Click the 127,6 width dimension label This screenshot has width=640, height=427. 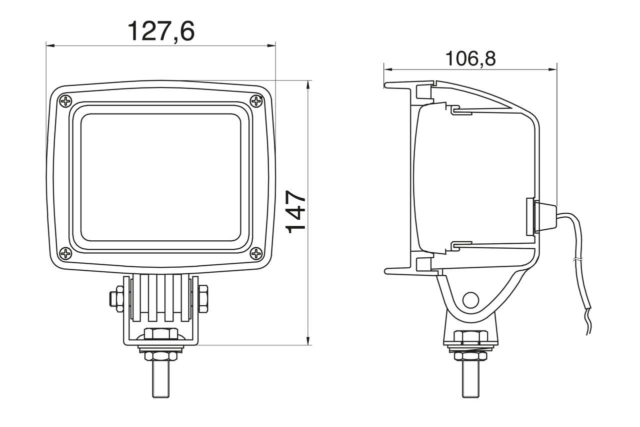click(160, 31)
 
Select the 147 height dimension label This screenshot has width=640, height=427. click(296, 211)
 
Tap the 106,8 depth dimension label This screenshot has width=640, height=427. click(470, 59)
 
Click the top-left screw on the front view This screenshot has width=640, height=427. click(65, 101)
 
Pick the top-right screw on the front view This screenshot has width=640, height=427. click(256, 101)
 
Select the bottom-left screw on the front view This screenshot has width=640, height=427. click(65, 253)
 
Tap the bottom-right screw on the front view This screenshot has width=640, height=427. click(256, 253)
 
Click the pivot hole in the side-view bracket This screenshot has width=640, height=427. click(470, 300)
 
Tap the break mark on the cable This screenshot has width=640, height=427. click(577, 260)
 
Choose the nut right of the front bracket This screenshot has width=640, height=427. click(203, 299)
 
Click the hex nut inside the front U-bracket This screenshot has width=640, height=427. click(161, 333)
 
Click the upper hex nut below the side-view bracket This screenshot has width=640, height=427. click(470, 337)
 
